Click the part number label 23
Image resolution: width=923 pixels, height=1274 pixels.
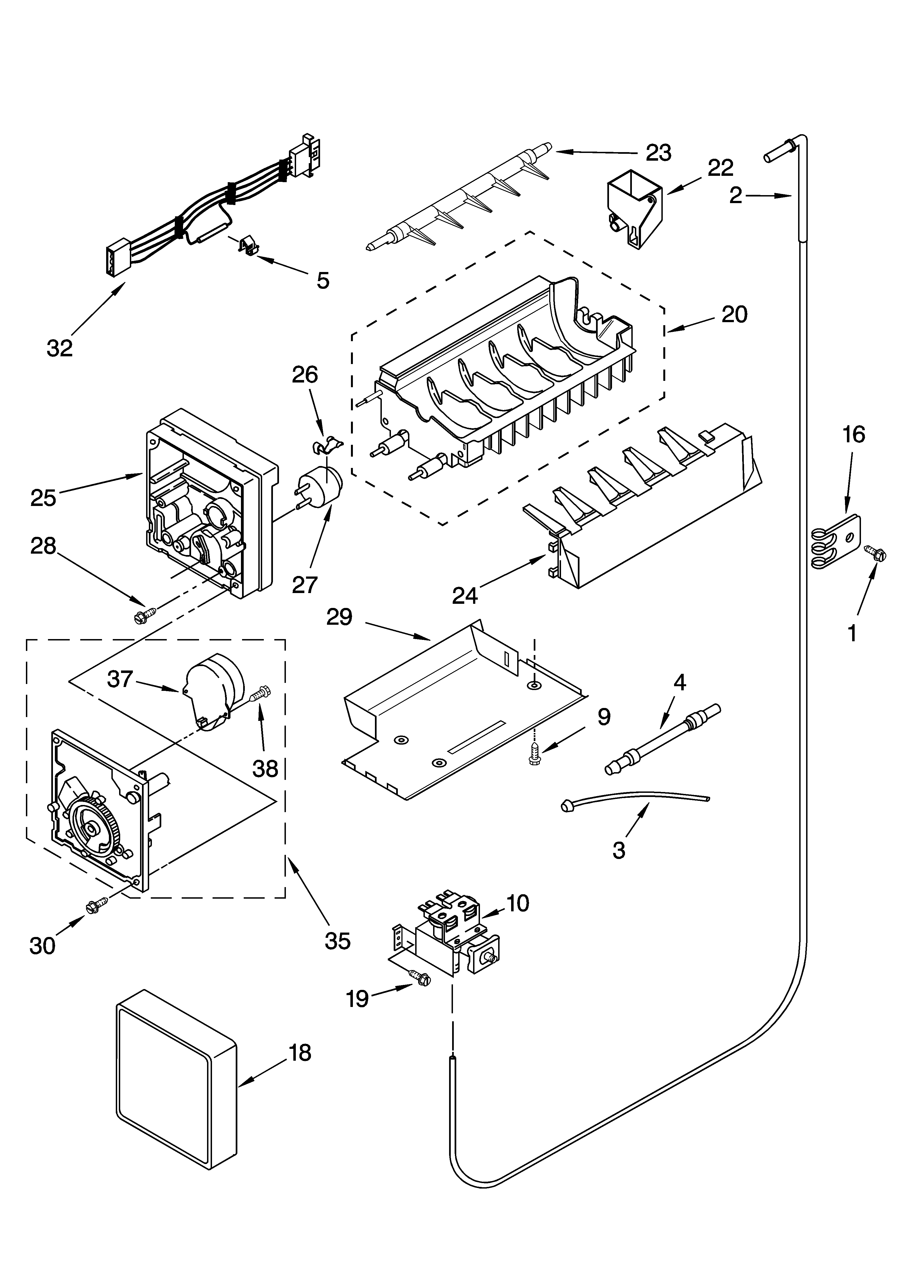click(x=658, y=153)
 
